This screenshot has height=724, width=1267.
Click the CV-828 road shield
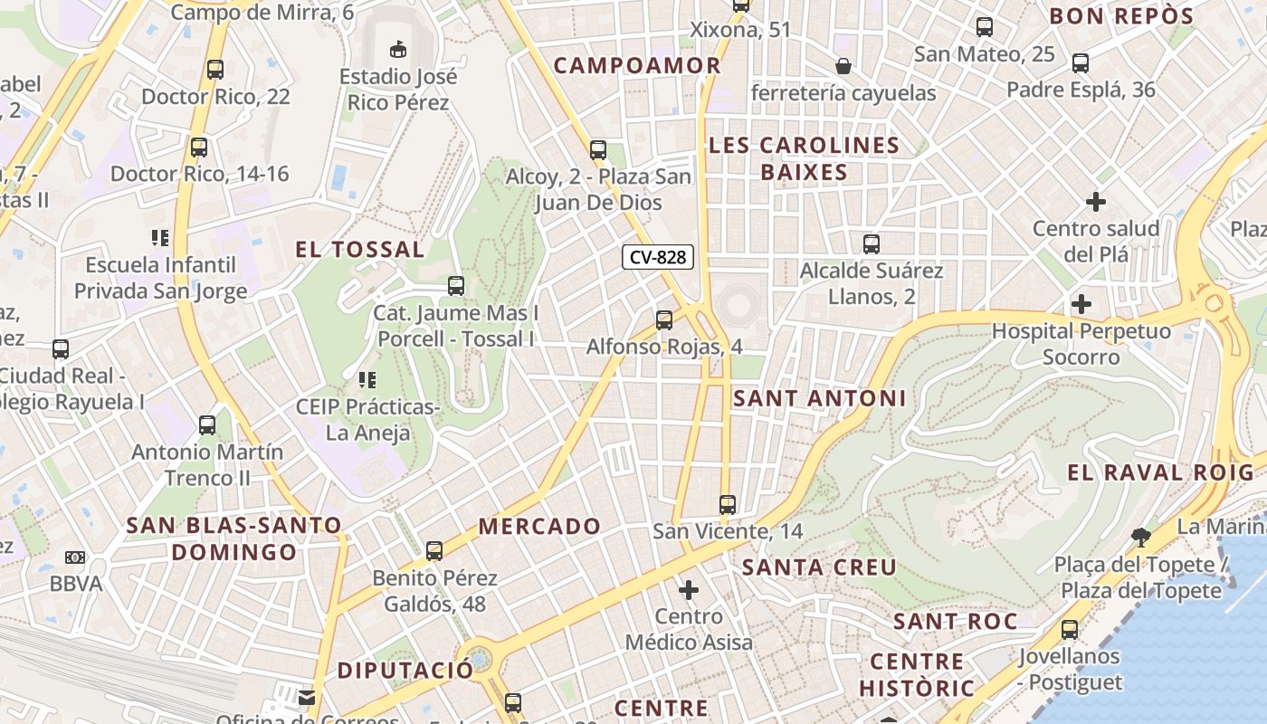click(658, 257)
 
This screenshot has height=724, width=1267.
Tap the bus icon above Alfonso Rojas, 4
click(664, 319)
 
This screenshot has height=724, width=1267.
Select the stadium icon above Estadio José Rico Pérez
click(397, 47)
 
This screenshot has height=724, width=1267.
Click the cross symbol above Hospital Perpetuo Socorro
click(1081, 303)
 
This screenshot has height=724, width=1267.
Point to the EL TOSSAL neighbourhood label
click(359, 250)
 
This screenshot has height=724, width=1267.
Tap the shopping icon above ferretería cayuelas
click(843, 65)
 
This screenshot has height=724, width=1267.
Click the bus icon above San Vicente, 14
click(728, 504)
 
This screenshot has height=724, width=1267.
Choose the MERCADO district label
click(539, 526)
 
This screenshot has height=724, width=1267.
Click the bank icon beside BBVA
click(75, 557)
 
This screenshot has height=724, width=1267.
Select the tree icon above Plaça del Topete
click(1141, 538)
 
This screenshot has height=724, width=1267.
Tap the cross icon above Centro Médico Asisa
click(689, 590)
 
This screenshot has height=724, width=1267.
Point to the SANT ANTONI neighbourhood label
click(819, 398)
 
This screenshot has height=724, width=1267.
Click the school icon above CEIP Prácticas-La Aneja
click(367, 380)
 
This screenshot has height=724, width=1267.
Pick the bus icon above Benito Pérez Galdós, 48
click(434, 550)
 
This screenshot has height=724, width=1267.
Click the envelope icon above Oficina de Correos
click(307, 698)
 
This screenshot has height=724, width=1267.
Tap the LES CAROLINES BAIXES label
click(804, 158)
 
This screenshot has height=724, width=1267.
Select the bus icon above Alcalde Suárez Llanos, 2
click(872, 243)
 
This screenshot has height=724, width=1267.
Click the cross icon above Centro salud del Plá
click(1096, 201)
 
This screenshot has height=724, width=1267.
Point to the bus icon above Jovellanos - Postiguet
click(1070, 629)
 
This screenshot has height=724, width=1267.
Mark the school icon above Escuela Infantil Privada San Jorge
click(160, 238)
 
